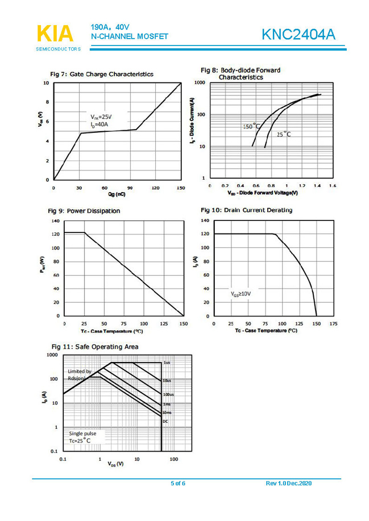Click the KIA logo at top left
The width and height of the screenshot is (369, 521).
tap(55, 34)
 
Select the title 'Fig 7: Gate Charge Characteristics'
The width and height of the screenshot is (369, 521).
tap(102, 74)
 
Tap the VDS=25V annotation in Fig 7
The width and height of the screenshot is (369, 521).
tap(101, 116)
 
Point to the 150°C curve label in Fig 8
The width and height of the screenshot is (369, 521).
tap(251, 126)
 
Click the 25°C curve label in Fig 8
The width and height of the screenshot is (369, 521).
tap(283, 135)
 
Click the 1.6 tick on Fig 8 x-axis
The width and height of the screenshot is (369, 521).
tap(333, 186)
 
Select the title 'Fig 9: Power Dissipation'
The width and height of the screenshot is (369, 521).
tap(85, 211)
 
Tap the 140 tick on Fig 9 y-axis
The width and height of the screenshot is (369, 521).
tap(56, 220)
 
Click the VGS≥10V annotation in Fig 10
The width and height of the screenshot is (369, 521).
tap(241, 294)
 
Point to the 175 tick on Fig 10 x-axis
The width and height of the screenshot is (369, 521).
tap(333, 323)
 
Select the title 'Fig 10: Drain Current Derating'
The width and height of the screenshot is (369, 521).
tap(247, 210)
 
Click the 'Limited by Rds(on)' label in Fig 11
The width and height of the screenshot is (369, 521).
tap(80, 374)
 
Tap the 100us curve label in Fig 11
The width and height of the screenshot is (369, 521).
tap(168, 394)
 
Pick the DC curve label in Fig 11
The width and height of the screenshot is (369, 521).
tap(165, 422)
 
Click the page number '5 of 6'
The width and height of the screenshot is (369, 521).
tap(178, 484)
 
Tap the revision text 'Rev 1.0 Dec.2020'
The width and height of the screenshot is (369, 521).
tap(289, 484)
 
